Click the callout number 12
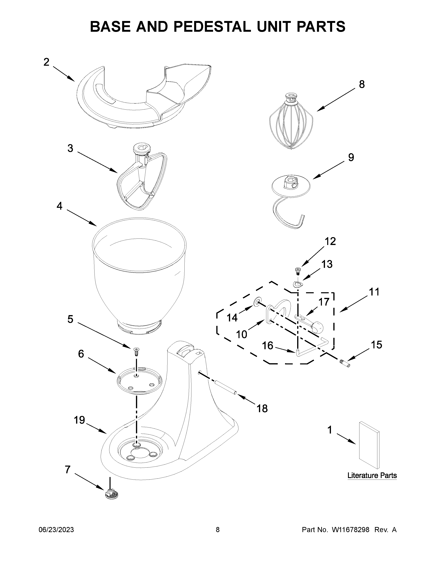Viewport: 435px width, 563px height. [x=330, y=242]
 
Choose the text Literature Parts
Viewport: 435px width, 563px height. [x=372, y=475]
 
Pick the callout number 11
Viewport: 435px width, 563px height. [x=374, y=292]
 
